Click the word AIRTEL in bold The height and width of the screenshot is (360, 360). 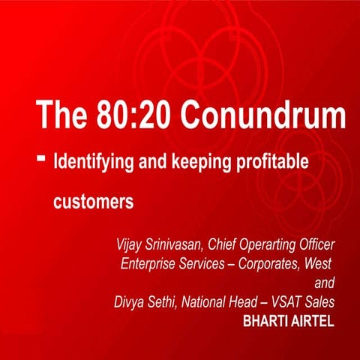[313, 322]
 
